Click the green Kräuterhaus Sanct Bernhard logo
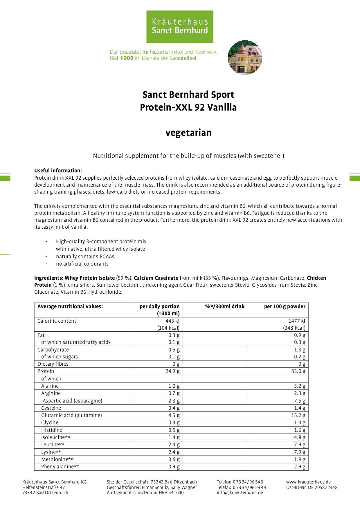tap(180, 27)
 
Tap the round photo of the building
tap(245, 57)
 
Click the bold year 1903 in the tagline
tap(127, 58)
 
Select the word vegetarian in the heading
tap(188, 133)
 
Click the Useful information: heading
tap(58, 171)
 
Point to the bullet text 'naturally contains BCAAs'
tap(85, 257)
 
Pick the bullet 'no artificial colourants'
tap(82, 264)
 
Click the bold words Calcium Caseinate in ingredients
tap(156, 278)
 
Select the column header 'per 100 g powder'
tap(285, 306)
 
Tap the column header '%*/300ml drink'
tap(224, 306)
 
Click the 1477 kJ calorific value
tap(296, 321)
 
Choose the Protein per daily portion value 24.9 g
tap(172, 371)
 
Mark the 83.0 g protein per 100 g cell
tap(298, 371)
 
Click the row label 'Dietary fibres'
tap(53, 364)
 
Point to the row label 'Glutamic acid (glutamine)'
tap(71, 415)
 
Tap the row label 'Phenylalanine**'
tap(60, 467)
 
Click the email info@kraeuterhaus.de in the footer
tap(240, 492)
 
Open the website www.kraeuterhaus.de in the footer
tap(308, 482)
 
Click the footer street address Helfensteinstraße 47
tap(44, 487)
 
